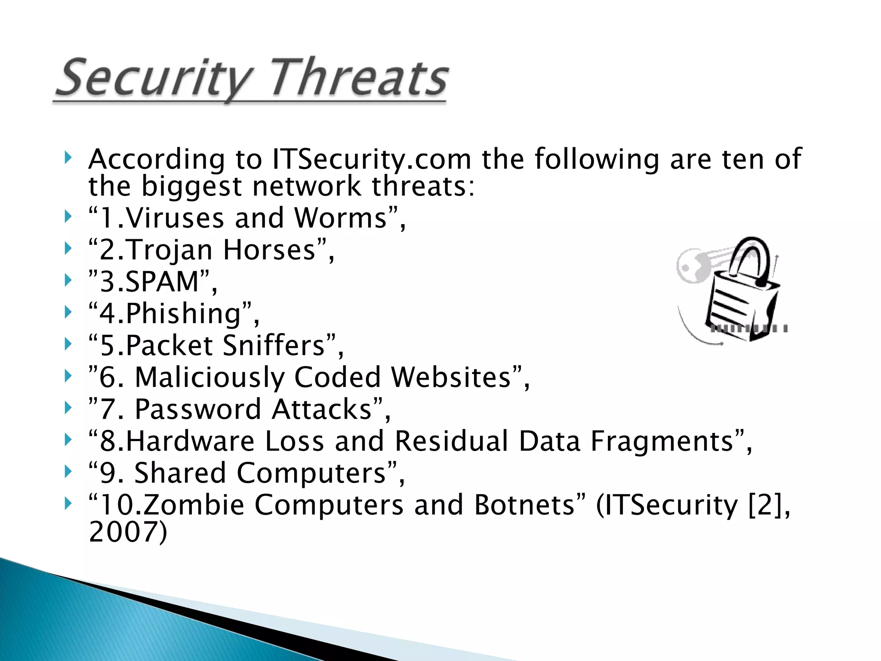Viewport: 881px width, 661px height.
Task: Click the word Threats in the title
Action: [x=359, y=78]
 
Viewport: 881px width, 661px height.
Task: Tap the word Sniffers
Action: [x=274, y=345]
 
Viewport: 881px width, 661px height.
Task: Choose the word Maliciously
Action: [x=209, y=377]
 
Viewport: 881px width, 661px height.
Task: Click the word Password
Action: [x=198, y=409]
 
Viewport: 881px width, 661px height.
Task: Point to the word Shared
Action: [x=180, y=473]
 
